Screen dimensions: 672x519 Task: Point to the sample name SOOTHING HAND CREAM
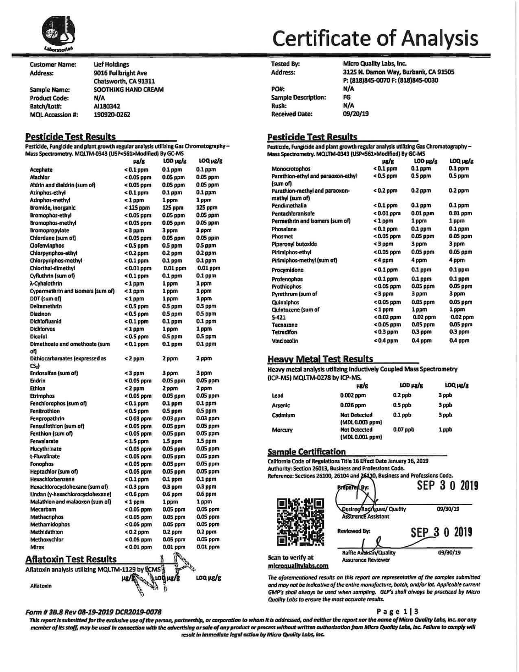tap(129, 90)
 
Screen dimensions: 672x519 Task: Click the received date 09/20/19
tap(356, 114)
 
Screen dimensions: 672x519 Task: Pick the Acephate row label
tap(41, 170)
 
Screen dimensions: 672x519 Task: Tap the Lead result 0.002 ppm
tap(353, 395)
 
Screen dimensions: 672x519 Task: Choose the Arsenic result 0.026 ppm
tap(353, 405)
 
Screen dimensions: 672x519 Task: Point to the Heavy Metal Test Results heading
tap(320, 359)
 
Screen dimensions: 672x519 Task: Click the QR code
tap(300, 523)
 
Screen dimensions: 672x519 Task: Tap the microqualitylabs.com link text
tap(298, 566)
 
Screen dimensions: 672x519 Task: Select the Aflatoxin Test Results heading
tap(71, 560)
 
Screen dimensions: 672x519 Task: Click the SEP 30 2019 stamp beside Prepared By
tap(447, 486)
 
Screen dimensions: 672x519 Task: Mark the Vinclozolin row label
tap(285, 340)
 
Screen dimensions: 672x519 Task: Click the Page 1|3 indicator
tap(397, 611)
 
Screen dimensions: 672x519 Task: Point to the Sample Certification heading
tap(307, 452)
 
